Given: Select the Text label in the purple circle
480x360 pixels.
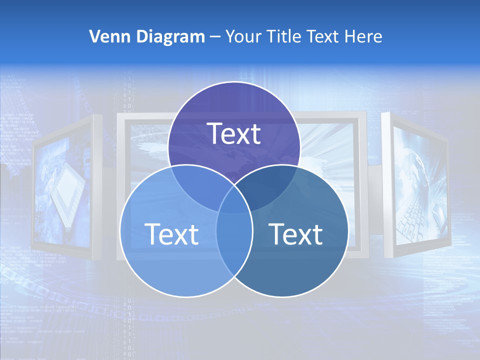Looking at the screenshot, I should pos(234,133).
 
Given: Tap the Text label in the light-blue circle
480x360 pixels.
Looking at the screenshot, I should pos(171,233).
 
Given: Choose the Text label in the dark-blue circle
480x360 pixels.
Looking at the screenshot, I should pos(295,233).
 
